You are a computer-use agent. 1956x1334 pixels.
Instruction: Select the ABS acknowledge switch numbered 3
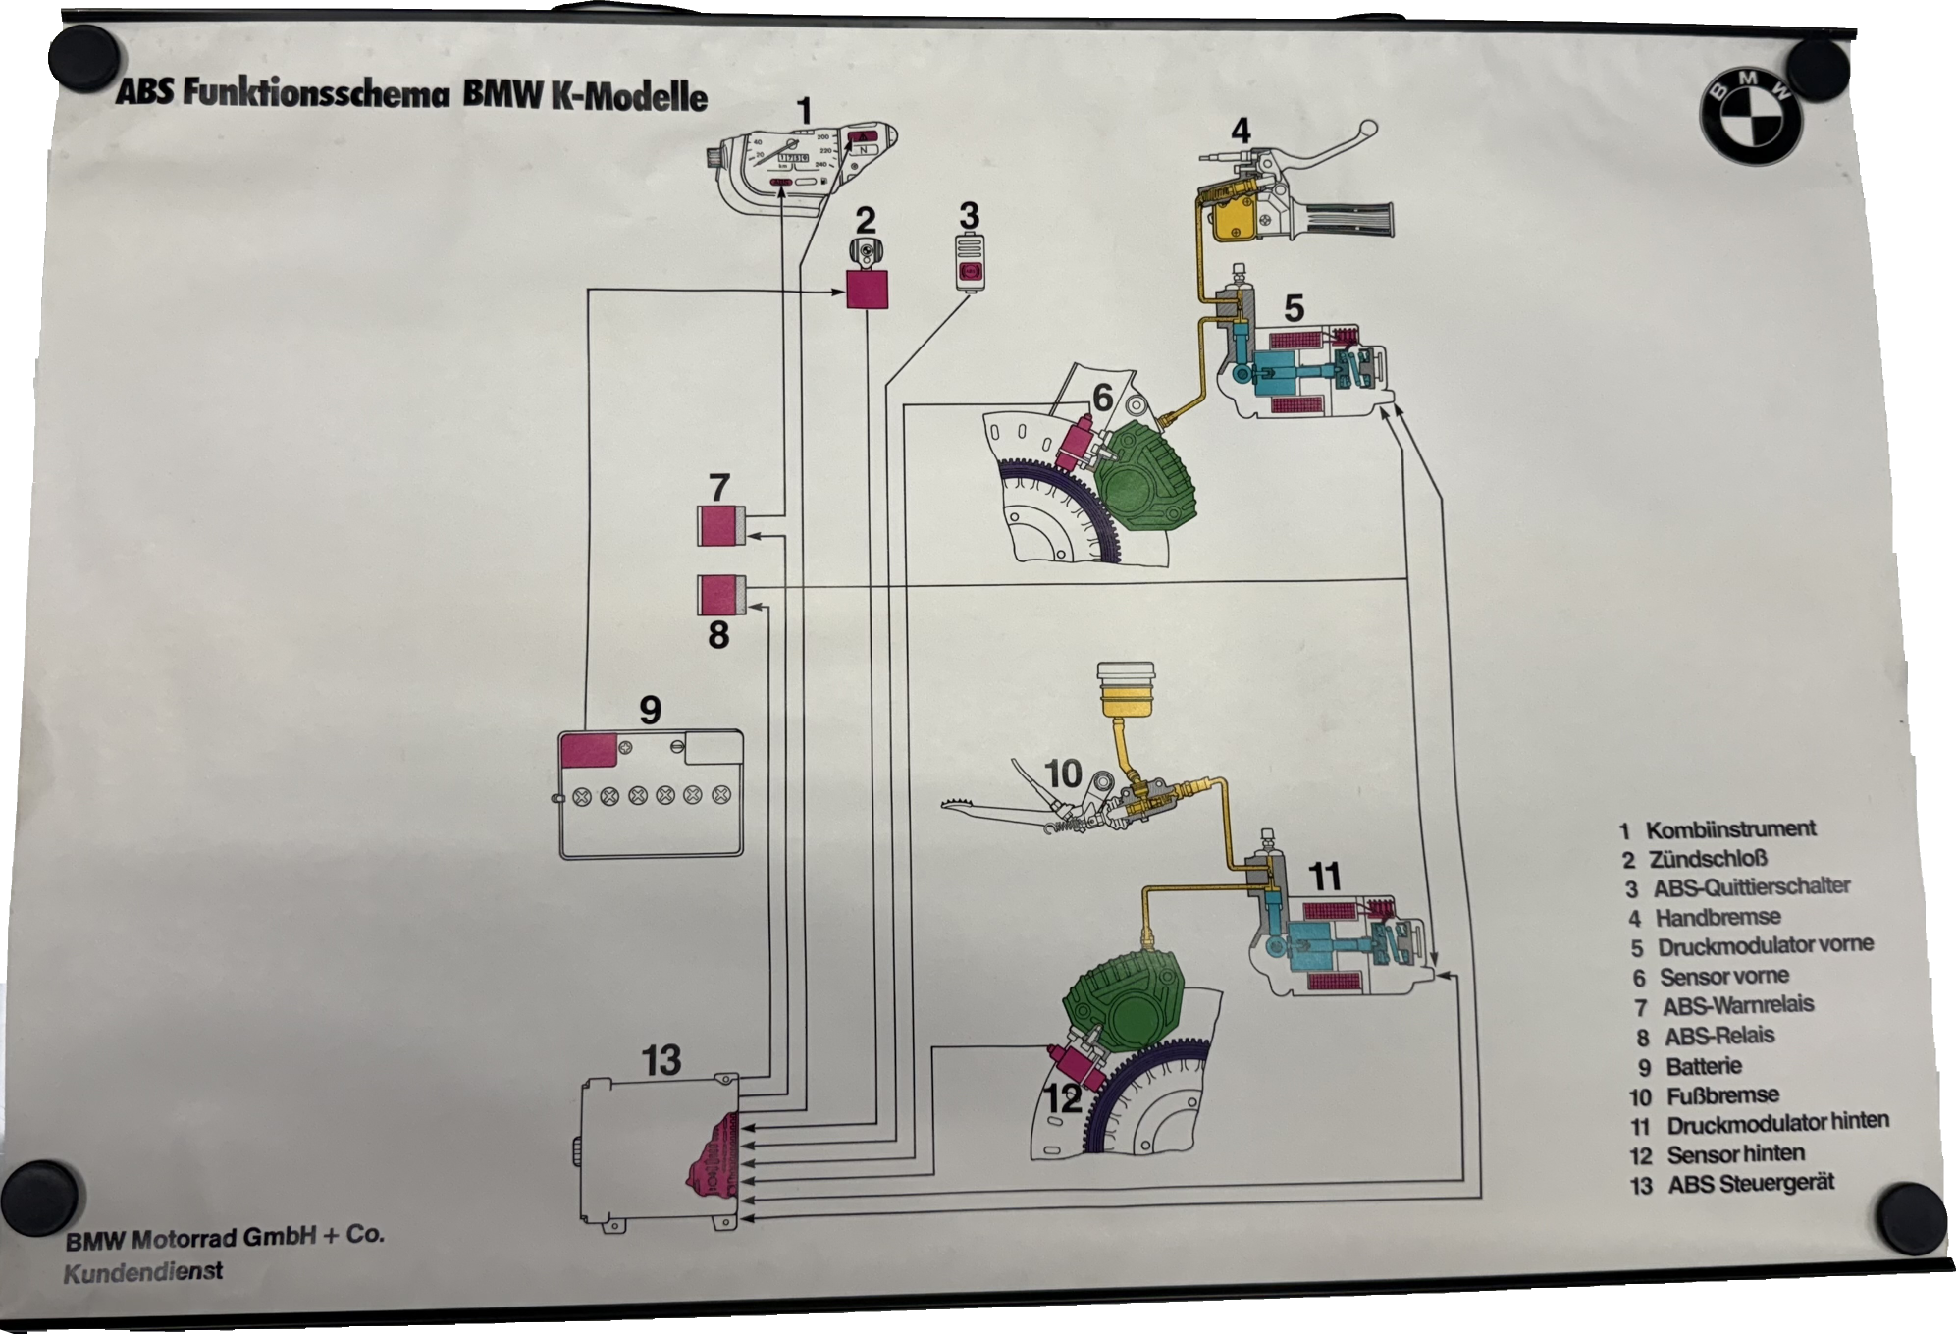(x=970, y=262)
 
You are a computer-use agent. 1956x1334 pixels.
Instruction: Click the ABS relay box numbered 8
(x=721, y=595)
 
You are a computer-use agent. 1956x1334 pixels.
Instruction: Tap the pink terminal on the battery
(x=587, y=749)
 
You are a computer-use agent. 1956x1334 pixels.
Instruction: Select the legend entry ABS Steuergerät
(x=1751, y=1184)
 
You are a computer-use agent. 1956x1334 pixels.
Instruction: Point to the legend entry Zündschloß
(x=1708, y=859)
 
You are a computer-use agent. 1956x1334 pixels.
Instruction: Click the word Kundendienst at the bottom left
(x=143, y=1273)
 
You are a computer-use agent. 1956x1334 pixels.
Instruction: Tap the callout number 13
(x=661, y=1060)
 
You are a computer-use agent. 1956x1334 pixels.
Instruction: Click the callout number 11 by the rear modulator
(x=1324, y=875)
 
